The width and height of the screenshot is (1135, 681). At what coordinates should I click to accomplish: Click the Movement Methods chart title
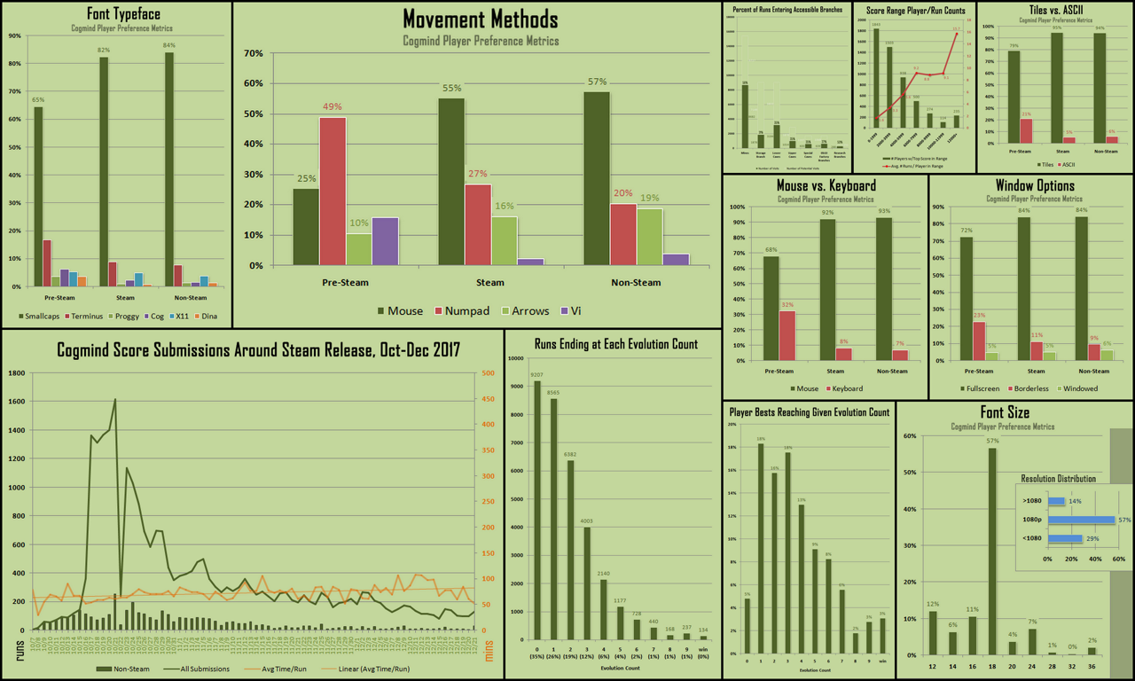coord(481,20)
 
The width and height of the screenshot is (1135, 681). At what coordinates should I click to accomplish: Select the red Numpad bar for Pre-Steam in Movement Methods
coord(333,191)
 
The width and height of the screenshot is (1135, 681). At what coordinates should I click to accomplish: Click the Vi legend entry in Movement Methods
coord(563,310)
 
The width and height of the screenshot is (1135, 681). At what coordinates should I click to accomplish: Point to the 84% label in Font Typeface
coord(168,45)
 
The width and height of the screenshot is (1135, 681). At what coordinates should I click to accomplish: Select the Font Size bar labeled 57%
coord(991,551)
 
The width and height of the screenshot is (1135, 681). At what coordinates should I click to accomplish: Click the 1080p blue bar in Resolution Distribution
coord(1081,520)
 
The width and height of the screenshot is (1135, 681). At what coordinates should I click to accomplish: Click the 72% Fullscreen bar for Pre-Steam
coord(966,298)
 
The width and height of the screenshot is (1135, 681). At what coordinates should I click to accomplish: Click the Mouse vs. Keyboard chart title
coord(826,186)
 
